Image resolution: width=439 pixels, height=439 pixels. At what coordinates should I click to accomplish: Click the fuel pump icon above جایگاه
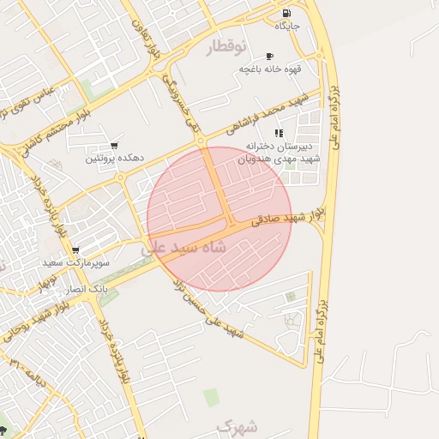tap(286, 13)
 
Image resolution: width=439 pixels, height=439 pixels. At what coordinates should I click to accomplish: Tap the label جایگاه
tap(286, 27)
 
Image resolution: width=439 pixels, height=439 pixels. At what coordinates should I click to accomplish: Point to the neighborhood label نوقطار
tap(226, 45)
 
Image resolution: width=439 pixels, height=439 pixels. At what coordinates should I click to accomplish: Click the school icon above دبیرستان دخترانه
tap(278, 133)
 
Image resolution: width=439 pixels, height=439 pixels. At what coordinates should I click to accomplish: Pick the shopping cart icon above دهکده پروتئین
tap(114, 146)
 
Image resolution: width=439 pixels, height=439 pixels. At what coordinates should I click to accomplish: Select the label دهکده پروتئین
tap(114, 159)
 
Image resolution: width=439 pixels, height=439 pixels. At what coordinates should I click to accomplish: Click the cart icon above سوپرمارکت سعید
tap(75, 250)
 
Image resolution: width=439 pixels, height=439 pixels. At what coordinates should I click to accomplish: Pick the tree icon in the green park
tap(4, 429)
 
